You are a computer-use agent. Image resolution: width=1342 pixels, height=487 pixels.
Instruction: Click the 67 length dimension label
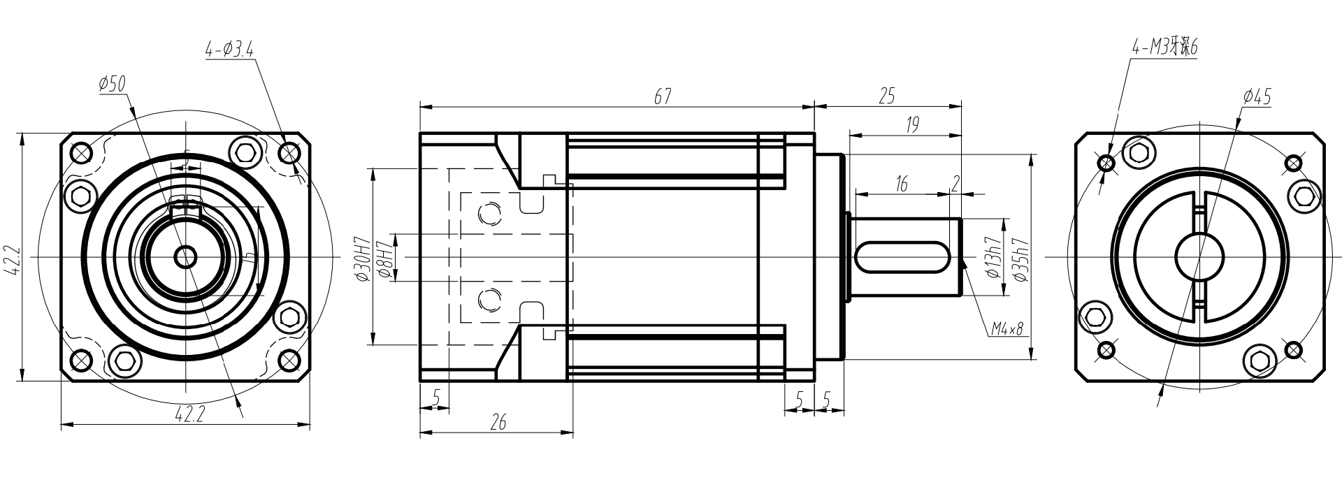pyautogui.click(x=663, y=97)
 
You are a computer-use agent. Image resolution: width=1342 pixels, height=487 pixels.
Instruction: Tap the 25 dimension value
pyautogui.click(x=886, y=96)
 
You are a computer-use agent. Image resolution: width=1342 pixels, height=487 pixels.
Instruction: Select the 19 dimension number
pyautogui.click(x=911, y=125)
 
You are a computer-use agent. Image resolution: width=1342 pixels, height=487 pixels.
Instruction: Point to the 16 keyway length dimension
pyautogui.click(x=901, y=184)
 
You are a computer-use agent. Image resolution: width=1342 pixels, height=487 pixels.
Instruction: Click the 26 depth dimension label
pyautogui.click(x=498, y=422)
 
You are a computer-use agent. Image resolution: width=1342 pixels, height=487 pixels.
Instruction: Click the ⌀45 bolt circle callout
pyautogui.click(x=1257, y=97)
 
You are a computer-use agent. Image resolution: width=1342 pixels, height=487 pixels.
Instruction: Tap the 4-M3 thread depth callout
pyautogui.click(x=1164, y=48)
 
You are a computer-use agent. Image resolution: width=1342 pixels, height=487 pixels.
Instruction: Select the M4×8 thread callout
pyautogui.click(x=1006, y=329)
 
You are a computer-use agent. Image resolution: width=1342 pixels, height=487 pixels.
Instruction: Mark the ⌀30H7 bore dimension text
pyautogui.click(x=362, y=259)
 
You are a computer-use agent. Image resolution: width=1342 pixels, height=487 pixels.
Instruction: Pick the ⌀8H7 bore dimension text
pyautogui.click(x=384, y=259)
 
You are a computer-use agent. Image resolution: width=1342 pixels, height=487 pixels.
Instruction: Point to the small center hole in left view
pyautogui.click(x=185, y=257)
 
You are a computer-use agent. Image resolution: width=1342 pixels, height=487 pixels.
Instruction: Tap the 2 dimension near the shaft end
pyautogui.click(x=955, y=184)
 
